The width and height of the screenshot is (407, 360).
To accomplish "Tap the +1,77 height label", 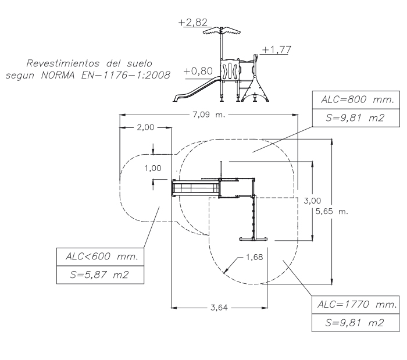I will (x=273, y=49).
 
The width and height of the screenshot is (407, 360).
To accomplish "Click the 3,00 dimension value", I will (x=312, y=200).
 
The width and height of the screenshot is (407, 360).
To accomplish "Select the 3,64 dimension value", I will (x=219, y=307).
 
